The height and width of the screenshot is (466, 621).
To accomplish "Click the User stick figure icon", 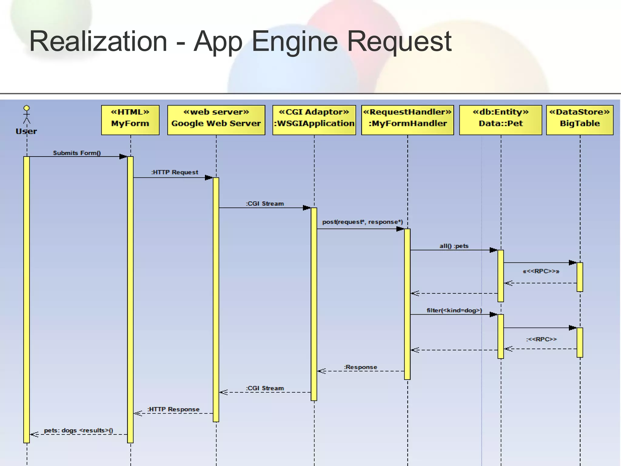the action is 27,114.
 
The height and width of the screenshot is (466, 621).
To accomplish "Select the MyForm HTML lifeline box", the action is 130,120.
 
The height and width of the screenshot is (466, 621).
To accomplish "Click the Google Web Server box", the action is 216,120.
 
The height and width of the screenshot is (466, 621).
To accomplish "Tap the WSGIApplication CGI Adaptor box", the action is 314,120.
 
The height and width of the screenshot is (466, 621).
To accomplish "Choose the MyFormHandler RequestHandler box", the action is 408,120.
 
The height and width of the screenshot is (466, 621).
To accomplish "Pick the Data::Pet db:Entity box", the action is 501,120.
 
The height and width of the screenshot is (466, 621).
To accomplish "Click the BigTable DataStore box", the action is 580,120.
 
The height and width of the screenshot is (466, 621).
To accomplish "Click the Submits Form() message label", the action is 77,153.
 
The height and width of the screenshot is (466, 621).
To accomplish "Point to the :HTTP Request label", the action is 175,172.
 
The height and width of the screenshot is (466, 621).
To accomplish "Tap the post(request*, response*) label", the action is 363,222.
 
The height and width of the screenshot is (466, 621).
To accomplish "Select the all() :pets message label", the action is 454,246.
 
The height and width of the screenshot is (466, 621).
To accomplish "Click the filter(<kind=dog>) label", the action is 454,310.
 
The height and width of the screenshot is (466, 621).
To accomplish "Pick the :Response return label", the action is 361,367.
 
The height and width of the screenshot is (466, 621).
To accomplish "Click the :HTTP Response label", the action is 173,409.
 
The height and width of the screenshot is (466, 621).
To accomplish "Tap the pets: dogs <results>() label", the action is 79,430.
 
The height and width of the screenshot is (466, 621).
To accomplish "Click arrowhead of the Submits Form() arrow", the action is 123,157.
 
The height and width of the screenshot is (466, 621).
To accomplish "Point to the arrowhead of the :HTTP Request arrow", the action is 209,177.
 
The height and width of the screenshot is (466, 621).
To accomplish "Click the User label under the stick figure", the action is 26,131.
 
